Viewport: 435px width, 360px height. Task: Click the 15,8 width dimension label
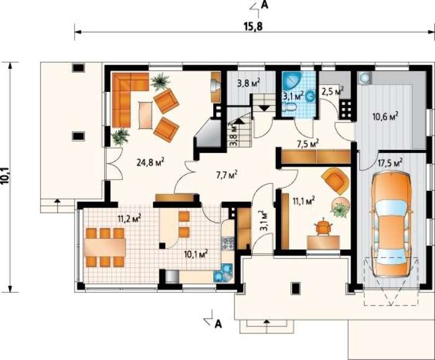click(253, 26)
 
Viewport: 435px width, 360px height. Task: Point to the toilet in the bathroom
click(290, 106)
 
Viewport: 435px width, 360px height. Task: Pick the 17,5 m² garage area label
click(390, 163)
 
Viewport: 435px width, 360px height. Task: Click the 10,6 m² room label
click(385, 116)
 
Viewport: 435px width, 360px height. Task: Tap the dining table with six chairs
click(105, 247)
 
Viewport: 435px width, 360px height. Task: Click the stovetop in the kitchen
click(228, 243)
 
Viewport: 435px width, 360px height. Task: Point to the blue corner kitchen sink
click(223, 273)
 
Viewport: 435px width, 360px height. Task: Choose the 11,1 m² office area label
click(304, 200)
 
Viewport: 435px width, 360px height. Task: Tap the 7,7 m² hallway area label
click(226, 175)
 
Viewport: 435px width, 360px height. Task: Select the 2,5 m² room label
click(332, 91)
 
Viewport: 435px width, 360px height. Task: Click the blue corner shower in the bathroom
click(291, 80)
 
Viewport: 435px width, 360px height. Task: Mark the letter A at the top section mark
click(265, 5)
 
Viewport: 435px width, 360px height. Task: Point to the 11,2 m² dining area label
click(129, 218)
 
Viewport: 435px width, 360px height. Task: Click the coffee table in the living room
click(146, 115)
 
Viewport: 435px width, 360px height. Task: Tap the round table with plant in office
click(341, 207)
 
